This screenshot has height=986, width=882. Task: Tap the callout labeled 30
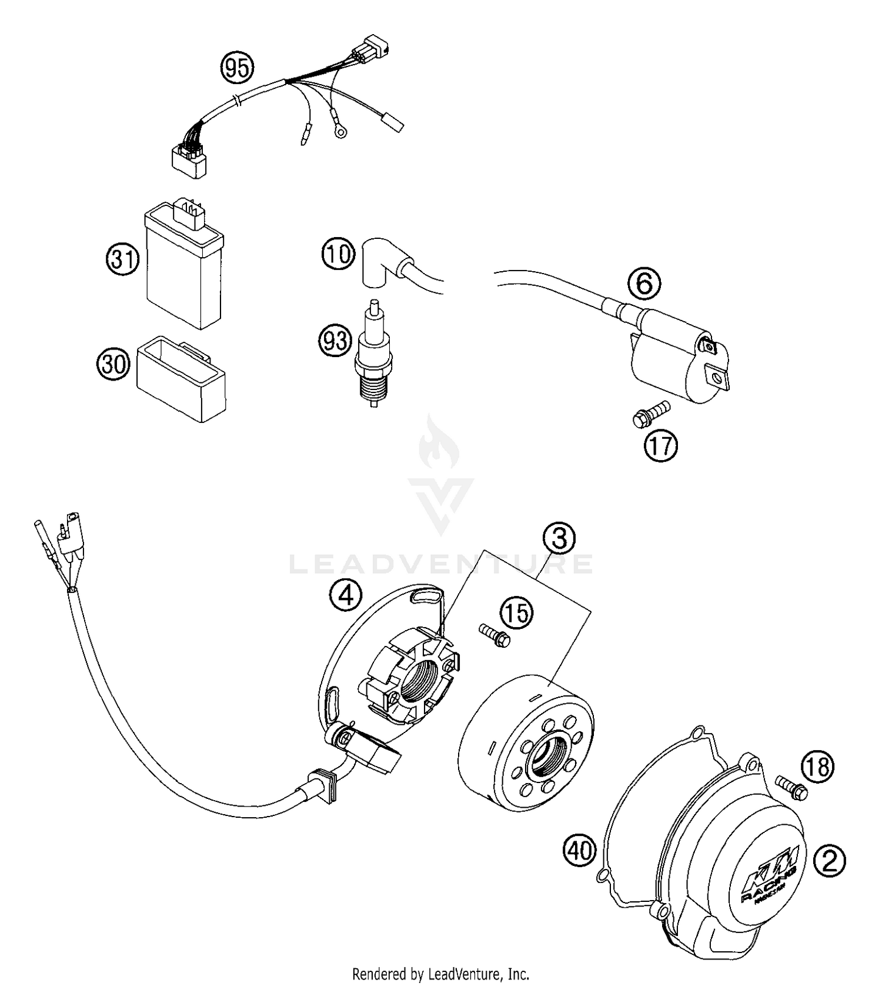point(113,364)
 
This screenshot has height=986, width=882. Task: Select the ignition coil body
point(676,359)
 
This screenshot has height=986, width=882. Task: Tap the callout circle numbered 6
point(644,284)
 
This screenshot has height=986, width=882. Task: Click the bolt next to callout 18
point(791,787)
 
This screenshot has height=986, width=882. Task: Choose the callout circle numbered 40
point(580,850)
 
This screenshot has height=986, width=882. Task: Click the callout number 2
point(830,862)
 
